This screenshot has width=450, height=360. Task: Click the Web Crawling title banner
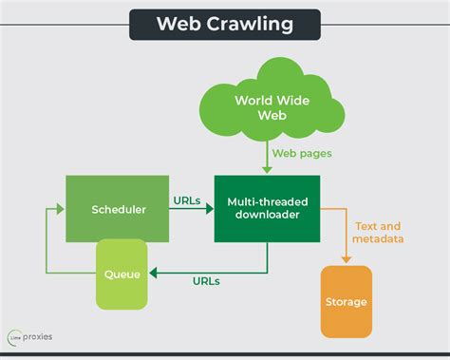225,23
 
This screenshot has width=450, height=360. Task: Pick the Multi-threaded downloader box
267,209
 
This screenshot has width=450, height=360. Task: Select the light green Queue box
122,275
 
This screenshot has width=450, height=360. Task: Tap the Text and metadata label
378,233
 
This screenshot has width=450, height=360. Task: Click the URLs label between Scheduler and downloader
186,200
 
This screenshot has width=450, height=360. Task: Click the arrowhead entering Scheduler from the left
60,210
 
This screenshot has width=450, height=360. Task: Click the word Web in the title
178,24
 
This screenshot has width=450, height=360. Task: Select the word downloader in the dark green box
267,217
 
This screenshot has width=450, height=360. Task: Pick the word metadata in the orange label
378,239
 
